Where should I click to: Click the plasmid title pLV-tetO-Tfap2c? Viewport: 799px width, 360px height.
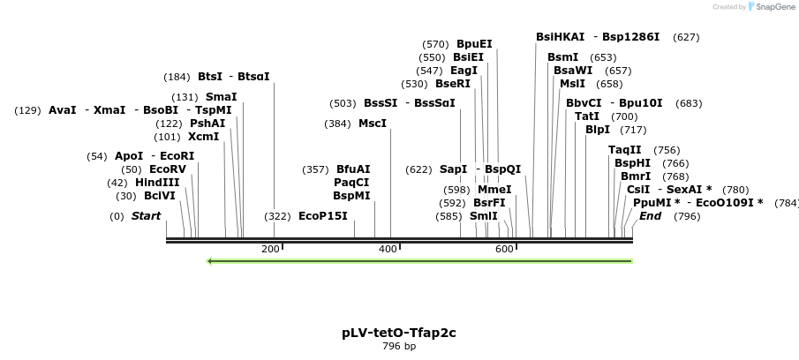click(399, 333)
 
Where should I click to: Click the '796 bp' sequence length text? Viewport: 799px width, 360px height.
click(399, 346)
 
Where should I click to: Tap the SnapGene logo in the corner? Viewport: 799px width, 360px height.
click(772, 6)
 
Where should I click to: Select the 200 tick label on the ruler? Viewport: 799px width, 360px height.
click(270, 250)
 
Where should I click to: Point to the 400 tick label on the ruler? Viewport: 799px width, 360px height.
click(388, 250)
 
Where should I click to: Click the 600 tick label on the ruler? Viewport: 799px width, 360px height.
click(504, 250)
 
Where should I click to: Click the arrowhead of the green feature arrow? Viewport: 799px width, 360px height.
click(210, 261)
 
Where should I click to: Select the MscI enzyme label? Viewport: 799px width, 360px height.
click(372, 124)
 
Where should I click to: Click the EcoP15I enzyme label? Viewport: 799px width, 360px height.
click(322, 216)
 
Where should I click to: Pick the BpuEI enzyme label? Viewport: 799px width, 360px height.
click(474, 44)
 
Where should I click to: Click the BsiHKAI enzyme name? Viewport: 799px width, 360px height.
click(560, 37)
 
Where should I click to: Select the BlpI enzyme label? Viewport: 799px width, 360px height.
click(598, 130)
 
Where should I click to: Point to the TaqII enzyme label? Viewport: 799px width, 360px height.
click(625, 150)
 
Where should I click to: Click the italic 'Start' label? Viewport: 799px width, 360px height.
click(146, 216)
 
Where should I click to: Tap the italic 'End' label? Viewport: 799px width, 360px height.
click(650, 216)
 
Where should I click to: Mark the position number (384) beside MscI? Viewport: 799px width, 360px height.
click(337, 124)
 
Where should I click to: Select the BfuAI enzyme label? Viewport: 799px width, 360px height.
click(353, 169)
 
